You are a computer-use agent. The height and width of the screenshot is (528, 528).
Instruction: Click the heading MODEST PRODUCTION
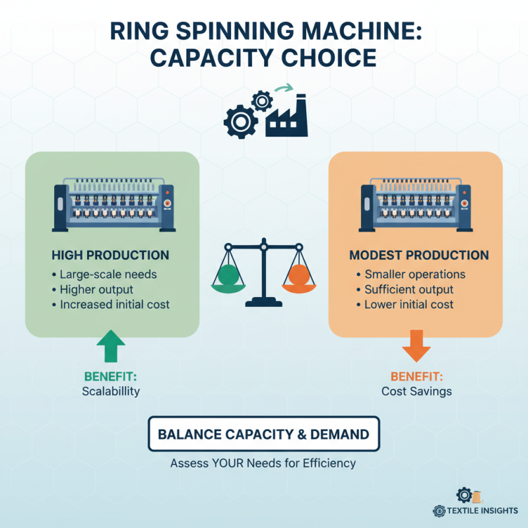coord(419,255)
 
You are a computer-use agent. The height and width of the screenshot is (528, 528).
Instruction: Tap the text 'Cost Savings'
coord(416,391)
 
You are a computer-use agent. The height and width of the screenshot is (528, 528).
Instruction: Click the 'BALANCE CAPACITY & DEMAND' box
coord(263,434)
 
